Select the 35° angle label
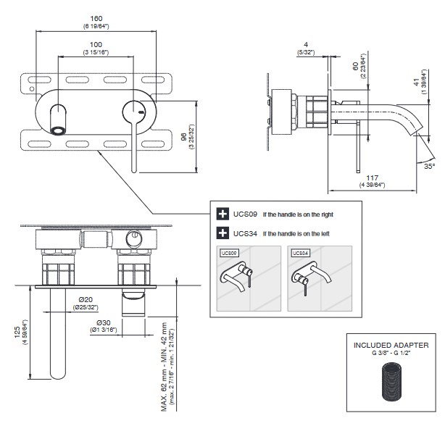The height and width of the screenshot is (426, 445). (430, 166)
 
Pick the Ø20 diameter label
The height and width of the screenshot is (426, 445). (86, 301)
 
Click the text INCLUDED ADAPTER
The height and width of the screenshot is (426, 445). (391, 346)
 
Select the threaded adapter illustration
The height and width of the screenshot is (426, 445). (391, 385)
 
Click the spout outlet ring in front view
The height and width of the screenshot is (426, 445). (58, 130)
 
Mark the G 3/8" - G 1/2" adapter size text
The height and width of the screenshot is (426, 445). (391, 355)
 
